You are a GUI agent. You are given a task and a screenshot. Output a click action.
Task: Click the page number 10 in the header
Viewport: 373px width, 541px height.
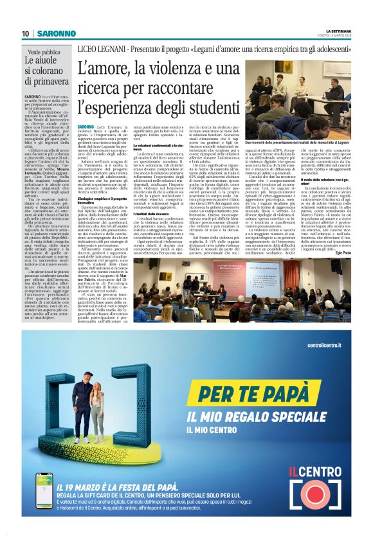[25, 33]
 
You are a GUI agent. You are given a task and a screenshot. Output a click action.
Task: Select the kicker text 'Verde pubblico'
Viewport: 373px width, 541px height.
[44, 51]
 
